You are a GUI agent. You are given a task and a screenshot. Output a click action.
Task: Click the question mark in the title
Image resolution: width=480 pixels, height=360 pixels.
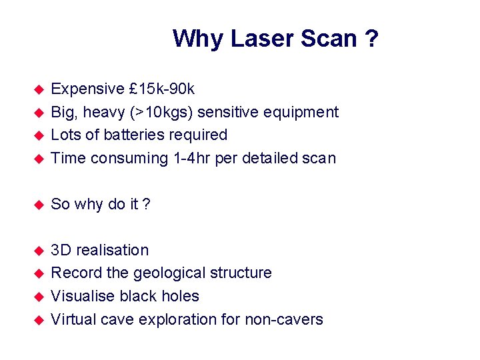[371, 39]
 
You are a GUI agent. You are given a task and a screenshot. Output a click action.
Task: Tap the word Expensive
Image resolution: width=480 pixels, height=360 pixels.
[88, 89]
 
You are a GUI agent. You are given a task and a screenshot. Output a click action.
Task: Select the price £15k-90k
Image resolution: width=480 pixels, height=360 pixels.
[162, 89]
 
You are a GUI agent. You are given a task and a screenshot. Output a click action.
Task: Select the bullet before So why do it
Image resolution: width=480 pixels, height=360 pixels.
[39, 204]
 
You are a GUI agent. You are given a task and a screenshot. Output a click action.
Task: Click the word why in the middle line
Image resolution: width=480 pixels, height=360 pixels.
[89, 204]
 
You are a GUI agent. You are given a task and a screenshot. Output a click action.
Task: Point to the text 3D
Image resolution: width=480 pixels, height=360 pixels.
[61, 250]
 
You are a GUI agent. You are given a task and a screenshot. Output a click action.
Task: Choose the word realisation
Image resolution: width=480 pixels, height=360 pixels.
[113, 250]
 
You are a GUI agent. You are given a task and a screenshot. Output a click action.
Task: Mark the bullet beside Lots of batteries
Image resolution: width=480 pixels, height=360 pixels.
[39, 135]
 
